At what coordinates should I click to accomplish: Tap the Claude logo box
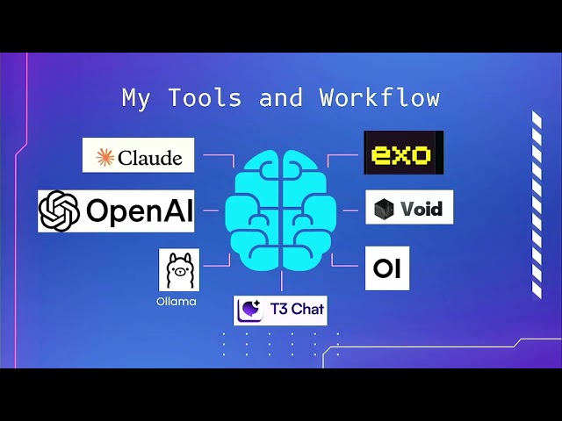139,155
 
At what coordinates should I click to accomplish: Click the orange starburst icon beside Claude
105,157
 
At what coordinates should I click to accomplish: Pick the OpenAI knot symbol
60,210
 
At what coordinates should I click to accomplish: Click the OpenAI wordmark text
138,210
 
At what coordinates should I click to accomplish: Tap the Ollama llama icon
179,270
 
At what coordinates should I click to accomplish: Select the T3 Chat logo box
280,310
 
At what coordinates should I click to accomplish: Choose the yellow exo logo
403,153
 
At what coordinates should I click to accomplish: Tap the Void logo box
409,208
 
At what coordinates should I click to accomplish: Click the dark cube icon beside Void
385,209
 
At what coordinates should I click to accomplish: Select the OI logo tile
387,268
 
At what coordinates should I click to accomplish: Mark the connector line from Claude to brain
218,157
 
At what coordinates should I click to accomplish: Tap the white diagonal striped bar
537,205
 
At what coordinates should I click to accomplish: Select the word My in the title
137,97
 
